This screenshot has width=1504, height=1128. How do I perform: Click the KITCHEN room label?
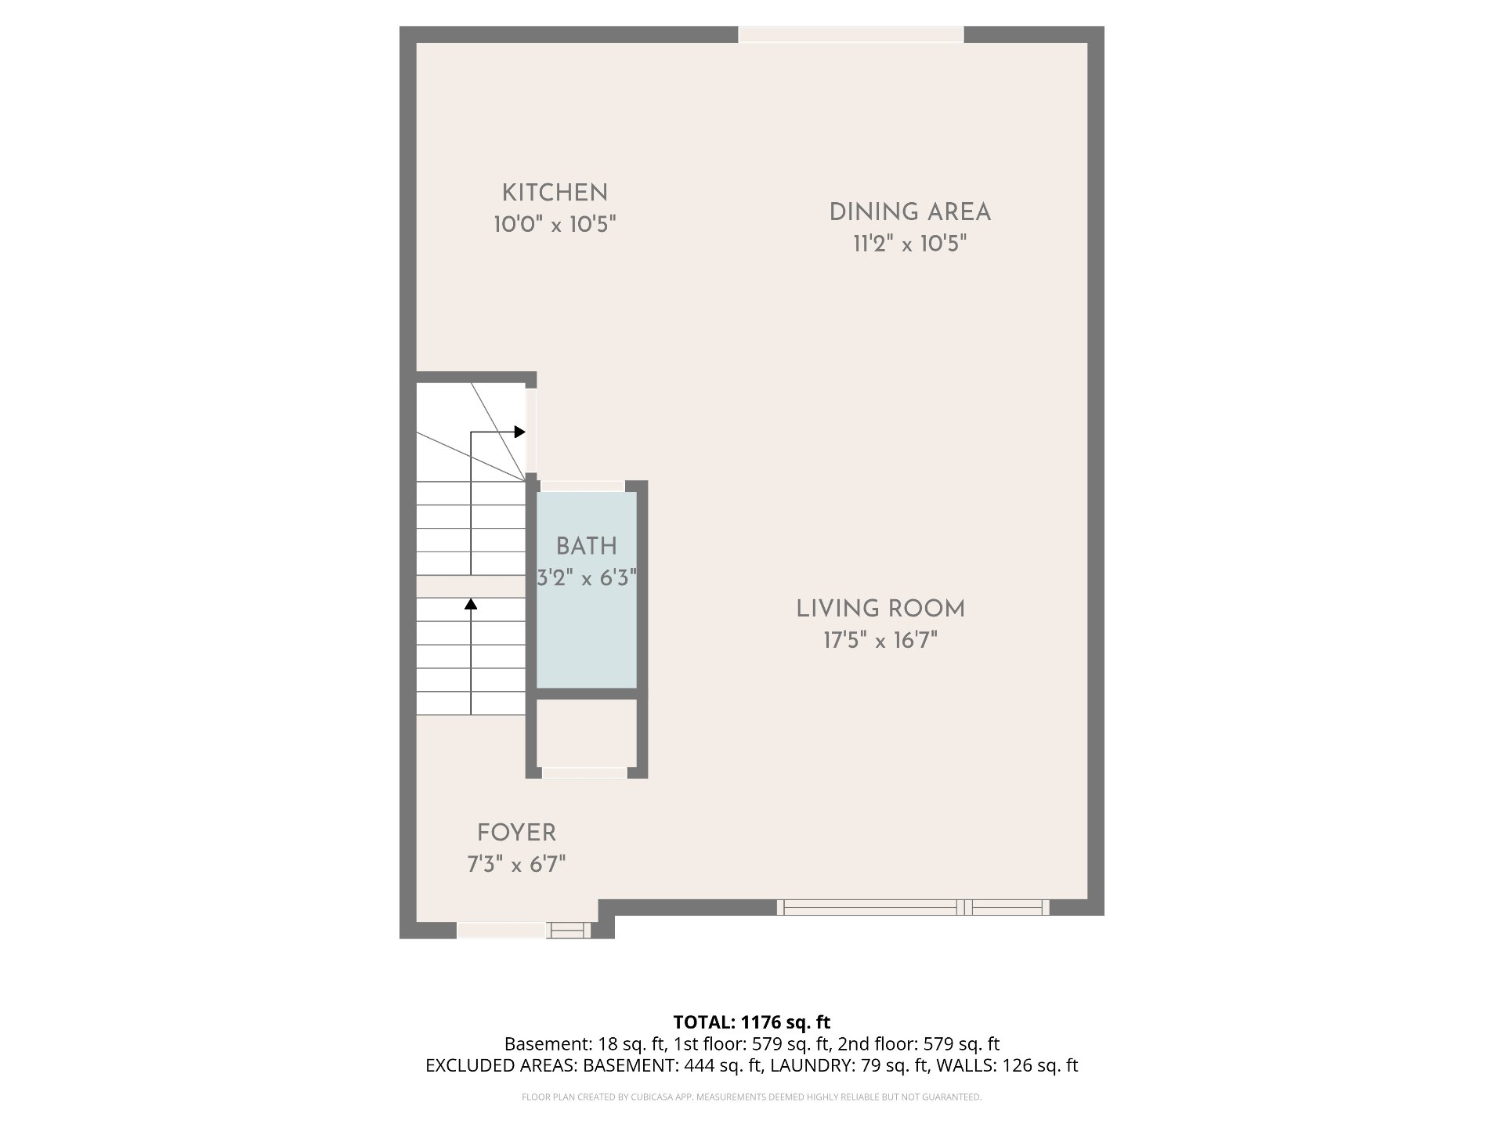(x=555, y=193)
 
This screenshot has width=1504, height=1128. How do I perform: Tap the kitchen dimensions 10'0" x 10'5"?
(x=555, y=225)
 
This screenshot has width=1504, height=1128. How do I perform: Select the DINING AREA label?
(x=910, y=212)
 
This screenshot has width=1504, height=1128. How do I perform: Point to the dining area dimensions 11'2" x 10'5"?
(x=910, y=244)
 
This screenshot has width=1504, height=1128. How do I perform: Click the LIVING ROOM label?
(x=880, y=609)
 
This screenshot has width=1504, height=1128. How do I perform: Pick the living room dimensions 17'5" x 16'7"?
(x=880, y=641)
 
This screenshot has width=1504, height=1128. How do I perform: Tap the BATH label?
(x=587, y=547)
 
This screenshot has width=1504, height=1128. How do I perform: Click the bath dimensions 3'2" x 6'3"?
(x=587, y=579)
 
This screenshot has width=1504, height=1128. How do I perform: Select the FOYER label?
(x=517, y=833)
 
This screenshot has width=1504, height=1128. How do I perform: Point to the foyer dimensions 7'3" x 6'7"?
(x=517, y=865)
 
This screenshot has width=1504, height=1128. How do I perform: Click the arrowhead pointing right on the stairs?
(x=519, y=432)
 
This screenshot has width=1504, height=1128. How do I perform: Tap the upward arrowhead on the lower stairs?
(x=471, y=603)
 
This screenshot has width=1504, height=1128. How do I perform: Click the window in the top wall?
(x=851, y=34)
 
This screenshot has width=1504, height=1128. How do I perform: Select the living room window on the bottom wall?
(x=913, y=907)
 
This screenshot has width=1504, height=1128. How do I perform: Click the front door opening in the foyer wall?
(x=501, y=930)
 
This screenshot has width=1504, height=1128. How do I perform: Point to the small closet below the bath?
(x=586, y=733)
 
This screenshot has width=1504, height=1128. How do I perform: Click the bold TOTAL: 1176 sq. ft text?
(x=752, y=1022)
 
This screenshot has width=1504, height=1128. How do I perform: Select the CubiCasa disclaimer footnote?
(x=752, y=1097)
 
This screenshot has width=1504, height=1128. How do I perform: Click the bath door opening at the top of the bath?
(x=583, y=486)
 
